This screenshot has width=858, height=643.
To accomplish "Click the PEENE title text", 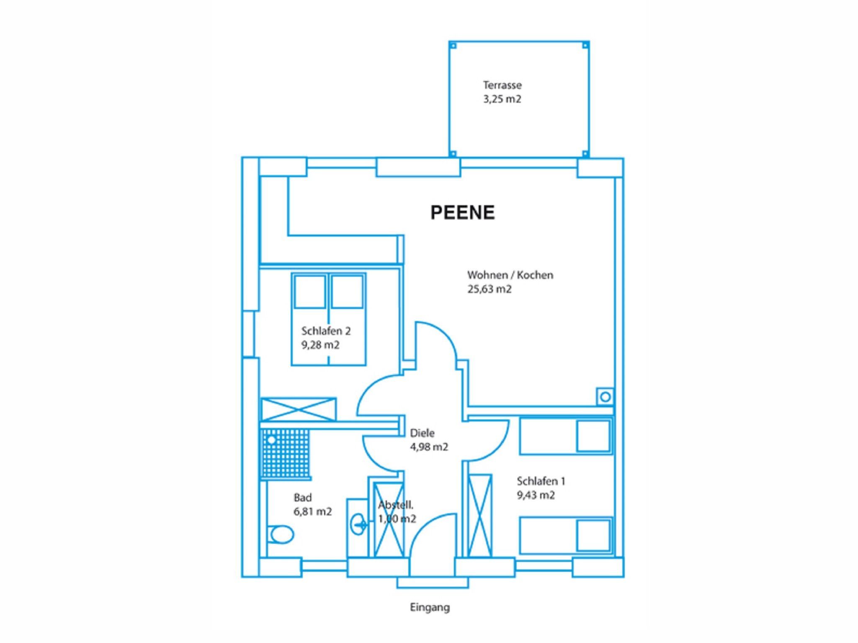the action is (463, 212).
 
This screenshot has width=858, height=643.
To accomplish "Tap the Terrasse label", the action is (502, 85).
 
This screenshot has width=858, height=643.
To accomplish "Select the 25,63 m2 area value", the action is (490, 289).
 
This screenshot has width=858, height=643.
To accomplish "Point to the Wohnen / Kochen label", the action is (510, 275).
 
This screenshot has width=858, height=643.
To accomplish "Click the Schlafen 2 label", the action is (326, 331).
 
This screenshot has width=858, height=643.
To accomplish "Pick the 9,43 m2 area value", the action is (536, 495).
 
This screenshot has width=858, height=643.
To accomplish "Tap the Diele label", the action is (422, 433).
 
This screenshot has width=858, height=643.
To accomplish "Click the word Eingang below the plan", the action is (430, 607).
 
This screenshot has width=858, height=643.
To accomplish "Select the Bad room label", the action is (303, 498).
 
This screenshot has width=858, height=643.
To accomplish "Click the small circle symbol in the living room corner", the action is (605, 396).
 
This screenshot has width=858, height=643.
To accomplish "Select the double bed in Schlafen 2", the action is (329, 319).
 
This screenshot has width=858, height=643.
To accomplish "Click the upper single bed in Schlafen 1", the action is (565, 436).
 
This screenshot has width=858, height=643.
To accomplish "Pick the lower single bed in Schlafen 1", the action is (565, 535).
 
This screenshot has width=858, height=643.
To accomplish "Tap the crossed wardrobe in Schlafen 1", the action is (480, 516).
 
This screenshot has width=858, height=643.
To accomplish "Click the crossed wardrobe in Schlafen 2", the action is (298, 409).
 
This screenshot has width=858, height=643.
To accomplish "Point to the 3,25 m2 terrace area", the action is (502, 99).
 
